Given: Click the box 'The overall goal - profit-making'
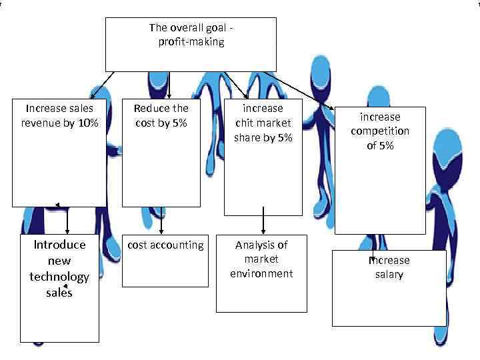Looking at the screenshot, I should point(191,44).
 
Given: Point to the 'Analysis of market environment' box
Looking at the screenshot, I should point(261,273).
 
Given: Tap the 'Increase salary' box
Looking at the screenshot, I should point(389,288).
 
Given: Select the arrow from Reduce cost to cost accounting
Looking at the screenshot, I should point(162,219).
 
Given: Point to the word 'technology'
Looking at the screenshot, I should point(59,277).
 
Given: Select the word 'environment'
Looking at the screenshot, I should point(261,273).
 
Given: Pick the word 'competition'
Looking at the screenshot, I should point(380,131).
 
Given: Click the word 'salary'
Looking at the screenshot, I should point(389,275).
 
